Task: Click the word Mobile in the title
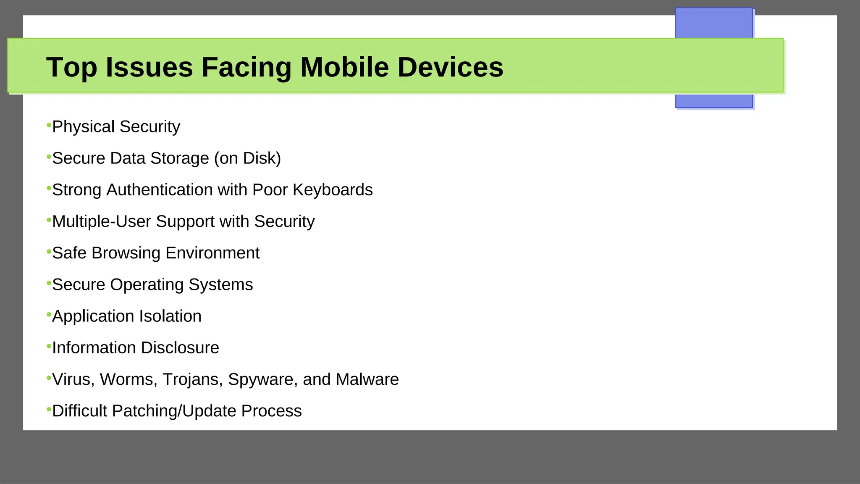[x=344, y=67]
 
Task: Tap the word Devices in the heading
[x=450, y=67]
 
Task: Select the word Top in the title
[x=71, y=67]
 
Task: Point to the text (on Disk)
[x=247, y=158]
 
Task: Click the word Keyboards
[x=333, y=190]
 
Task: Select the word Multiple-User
[x=101, y=221]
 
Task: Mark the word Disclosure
[x=180, y=348]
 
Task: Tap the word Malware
[x=367, y=379]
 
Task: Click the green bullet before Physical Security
[x=49, y=125]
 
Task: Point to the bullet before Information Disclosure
[x=49, y=346]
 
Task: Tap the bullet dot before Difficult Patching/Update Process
[x=49, y=409]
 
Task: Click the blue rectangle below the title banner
[x=714, y=101]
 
